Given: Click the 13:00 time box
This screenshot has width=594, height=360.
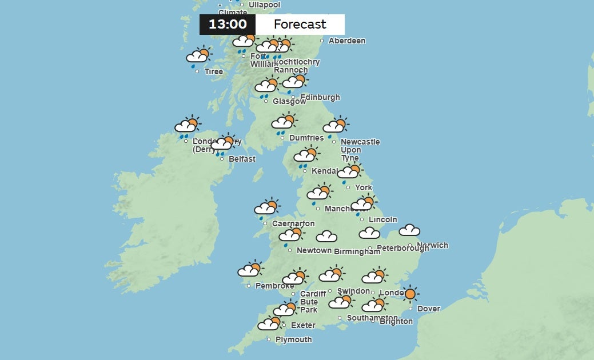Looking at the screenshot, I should [228, 25].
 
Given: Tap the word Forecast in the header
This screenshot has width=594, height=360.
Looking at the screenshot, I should [300, 25].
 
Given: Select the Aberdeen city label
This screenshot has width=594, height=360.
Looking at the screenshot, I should [346, 41].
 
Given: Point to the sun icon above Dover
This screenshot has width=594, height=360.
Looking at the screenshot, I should [410, 294].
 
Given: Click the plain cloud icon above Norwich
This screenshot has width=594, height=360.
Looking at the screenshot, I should [409, 230].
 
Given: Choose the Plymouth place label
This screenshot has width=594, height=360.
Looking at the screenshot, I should [294, 340].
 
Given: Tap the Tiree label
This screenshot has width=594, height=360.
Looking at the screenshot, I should [214, 72].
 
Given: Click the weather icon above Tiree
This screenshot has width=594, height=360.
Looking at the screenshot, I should [198, 56].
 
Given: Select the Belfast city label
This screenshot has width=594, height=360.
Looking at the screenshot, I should [242, 159].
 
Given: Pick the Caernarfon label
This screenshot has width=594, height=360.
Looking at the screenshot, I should [293, 224].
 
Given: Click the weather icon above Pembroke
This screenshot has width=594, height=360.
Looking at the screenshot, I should [250, 269].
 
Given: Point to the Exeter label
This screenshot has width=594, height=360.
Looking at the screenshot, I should [303, 326].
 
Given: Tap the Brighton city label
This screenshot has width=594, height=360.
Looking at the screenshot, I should [396, 322].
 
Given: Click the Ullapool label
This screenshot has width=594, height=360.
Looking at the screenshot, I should [264, 5].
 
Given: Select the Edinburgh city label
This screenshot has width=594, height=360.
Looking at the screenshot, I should [320, 98].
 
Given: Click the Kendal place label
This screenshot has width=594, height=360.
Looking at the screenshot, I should [324, 171].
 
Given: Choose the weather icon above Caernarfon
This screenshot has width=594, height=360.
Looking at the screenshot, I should [266, 207].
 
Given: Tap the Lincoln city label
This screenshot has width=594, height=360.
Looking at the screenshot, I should [383, 220].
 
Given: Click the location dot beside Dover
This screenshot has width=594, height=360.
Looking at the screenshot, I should [410, 309].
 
